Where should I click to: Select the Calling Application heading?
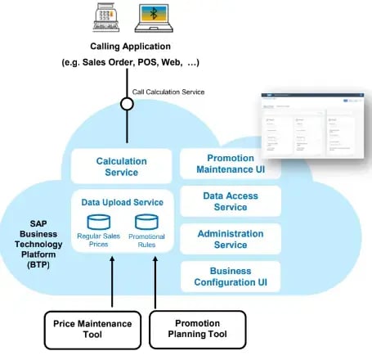click(132, 47)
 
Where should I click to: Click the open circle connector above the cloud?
click(128, 104)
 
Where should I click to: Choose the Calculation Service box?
click(121, 166)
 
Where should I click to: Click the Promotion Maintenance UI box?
click(230, 164)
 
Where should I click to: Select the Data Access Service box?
click(230, 201)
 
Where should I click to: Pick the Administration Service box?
click(230, 240)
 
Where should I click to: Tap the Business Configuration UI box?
click(230, 277)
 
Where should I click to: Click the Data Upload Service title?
click(121, 201)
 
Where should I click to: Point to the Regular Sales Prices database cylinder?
click(99, 220)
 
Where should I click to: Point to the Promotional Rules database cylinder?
click(146, 220)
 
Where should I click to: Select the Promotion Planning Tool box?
click(197, 330)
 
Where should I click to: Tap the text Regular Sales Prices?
click(99, 240)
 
